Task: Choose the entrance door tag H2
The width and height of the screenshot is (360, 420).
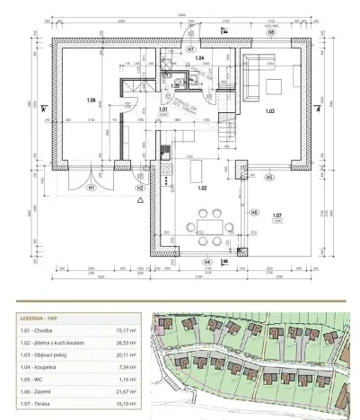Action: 139,188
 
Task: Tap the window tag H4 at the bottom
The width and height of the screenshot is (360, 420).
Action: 208,261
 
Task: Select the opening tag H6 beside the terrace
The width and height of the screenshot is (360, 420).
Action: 254,212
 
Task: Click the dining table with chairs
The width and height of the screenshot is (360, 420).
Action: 208,224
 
